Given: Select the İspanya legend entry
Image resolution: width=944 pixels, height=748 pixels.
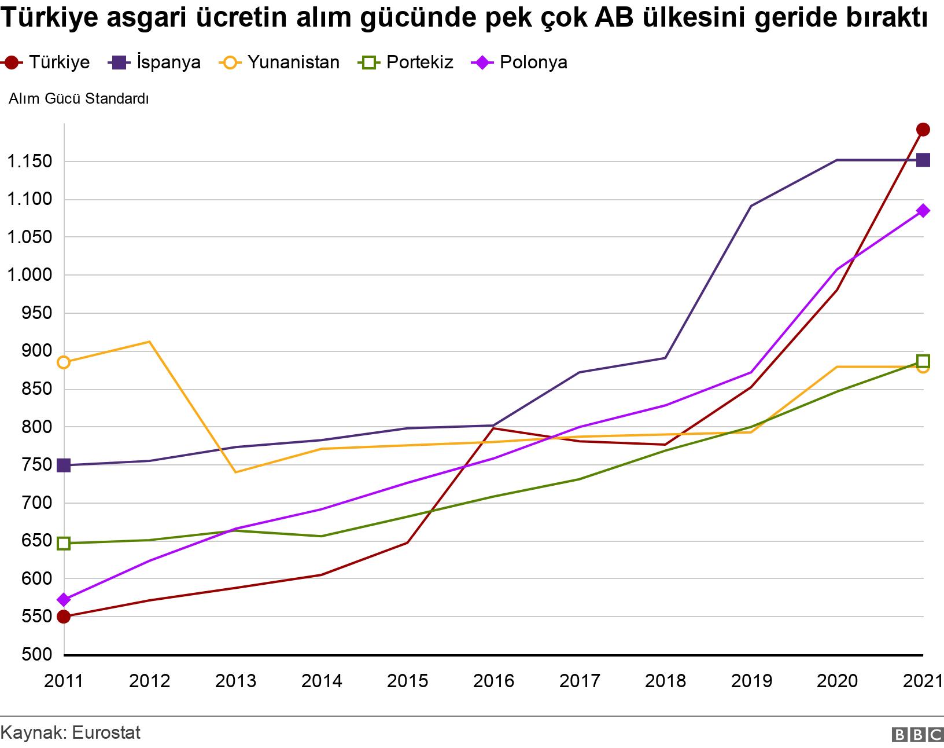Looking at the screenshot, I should [155, 63].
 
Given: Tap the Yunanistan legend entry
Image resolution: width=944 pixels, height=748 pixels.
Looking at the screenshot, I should [280, 63].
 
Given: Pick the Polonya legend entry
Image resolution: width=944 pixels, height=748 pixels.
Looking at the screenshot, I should [521, 63].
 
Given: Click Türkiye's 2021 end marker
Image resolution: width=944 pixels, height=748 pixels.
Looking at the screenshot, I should [923, 129].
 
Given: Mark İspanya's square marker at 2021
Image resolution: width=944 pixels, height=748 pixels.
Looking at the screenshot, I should [923, 160].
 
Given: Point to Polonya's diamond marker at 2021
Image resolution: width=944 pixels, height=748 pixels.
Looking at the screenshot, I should [923, 211].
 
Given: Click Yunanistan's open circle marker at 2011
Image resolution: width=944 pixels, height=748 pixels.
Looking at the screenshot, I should [64, 362].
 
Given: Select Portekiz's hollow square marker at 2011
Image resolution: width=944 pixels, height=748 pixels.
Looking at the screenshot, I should [64, 543].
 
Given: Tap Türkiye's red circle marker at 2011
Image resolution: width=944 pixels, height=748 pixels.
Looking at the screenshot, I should [64, 617].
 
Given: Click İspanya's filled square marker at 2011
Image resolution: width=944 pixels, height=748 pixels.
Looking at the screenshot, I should [64, 465].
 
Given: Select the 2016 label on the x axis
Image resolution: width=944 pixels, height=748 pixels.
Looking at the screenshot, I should [493, 681].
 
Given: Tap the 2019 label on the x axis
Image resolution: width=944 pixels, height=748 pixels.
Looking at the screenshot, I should [751, 681].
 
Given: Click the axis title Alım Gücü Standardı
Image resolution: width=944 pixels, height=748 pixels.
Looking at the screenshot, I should [79, 99].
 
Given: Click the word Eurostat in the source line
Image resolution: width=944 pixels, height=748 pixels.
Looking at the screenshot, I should [106, 732].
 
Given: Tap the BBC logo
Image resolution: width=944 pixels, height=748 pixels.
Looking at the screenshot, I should [917, 735].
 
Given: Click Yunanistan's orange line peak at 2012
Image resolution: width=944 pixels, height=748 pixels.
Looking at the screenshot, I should [149, 342].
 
